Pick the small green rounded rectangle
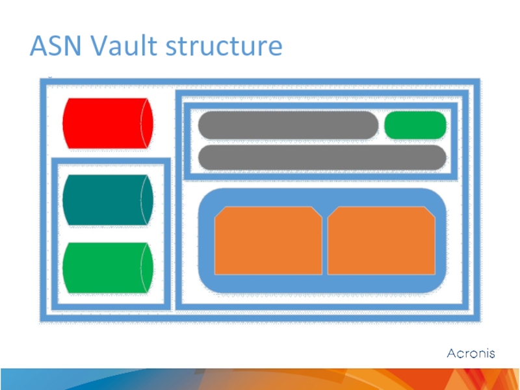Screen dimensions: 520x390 [x=415, y=125]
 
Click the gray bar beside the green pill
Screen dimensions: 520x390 [x=288, y=125]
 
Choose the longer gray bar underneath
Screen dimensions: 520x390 [x=322, y=157]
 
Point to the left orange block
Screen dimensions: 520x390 [x=268, y=241]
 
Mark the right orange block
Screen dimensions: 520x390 [x=381, y=241]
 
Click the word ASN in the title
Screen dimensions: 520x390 [x=55, y=47]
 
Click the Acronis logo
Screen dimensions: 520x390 [x=471, y=354]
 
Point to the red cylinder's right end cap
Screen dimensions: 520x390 [x=148, y=122]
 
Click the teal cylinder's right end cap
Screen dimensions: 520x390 [x=148, y=200]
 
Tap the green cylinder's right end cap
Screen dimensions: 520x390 [x=148, y=268]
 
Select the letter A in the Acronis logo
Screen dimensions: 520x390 [x=451, y=354]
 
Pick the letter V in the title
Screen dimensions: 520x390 [x=97, y=47]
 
